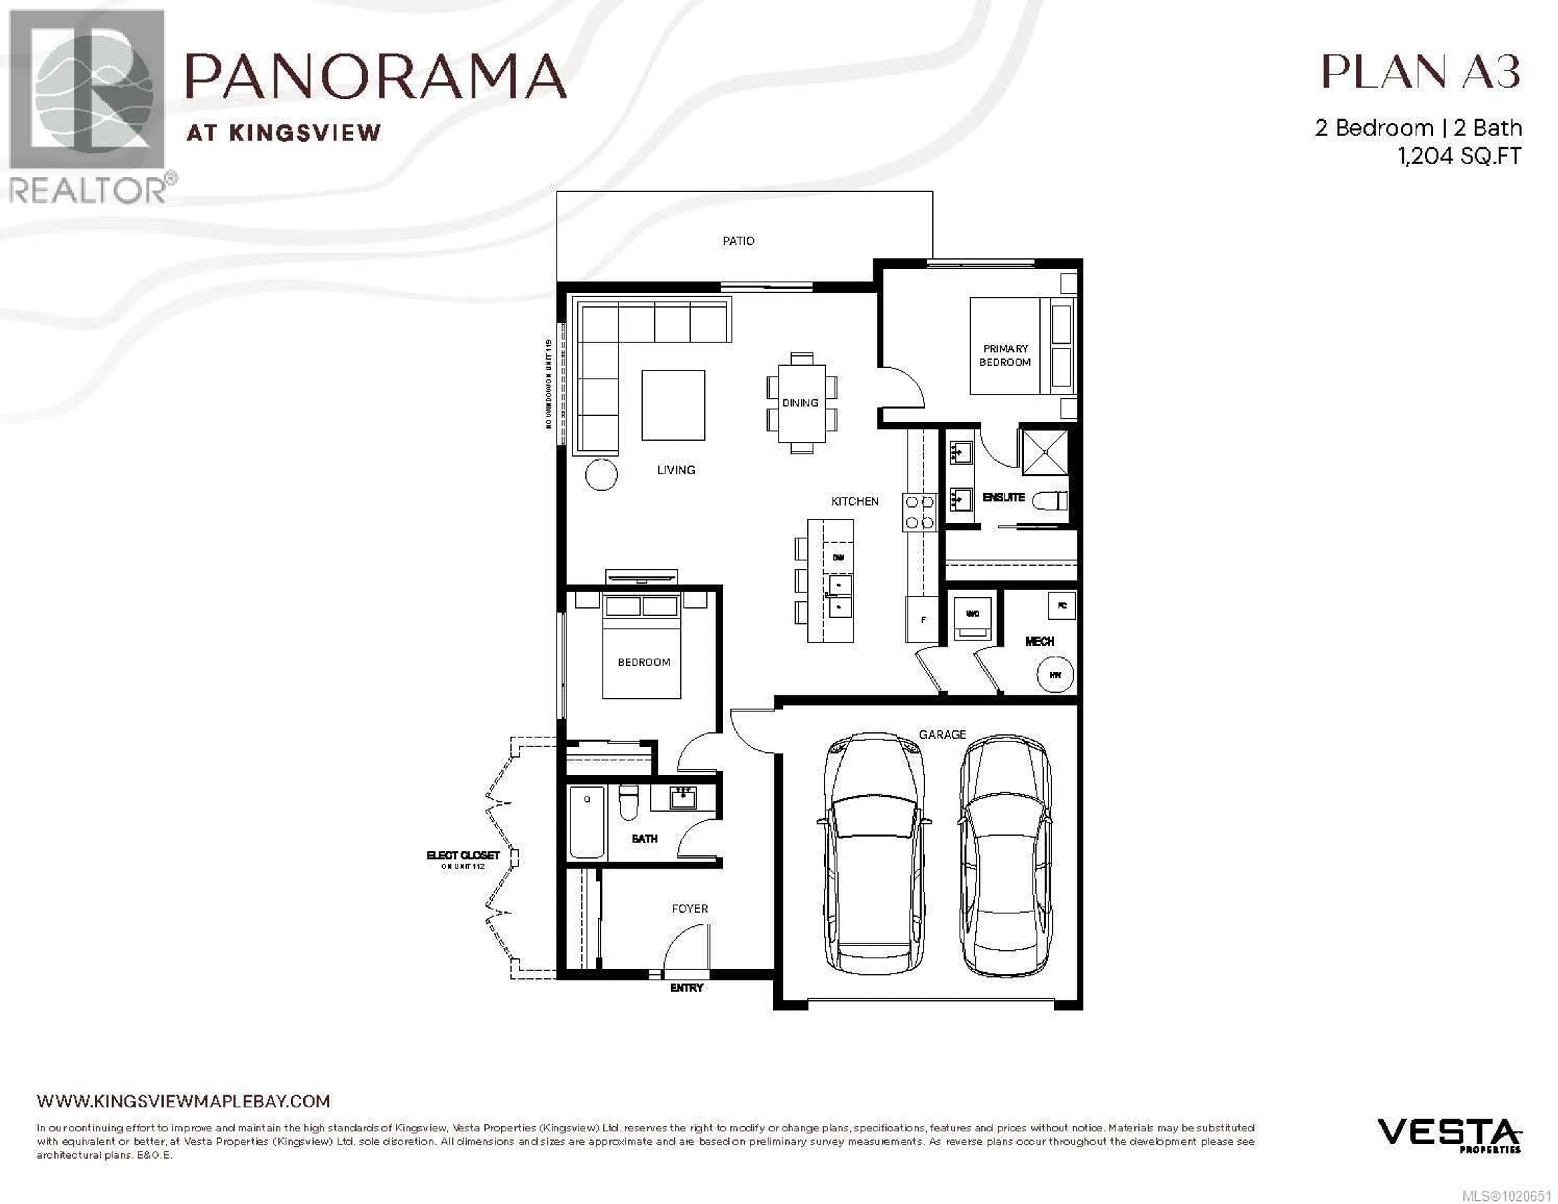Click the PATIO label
[738, 241]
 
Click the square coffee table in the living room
[673, 405]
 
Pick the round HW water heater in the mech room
[1055, 674]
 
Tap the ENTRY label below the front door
[686, 988]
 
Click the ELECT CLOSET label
[463, 856]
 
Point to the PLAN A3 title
[1420, 72]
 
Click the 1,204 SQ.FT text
[1459, 155]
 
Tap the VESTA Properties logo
[1449, 1135]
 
